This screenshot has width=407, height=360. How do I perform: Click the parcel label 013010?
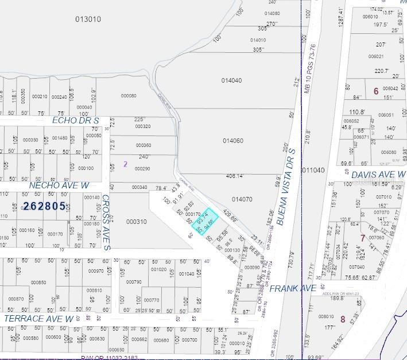coord(88,19)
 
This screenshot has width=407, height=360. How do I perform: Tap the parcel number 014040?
coord(231,80)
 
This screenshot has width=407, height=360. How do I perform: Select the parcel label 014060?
coord(232,140)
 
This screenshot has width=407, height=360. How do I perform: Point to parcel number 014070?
coord(242,199)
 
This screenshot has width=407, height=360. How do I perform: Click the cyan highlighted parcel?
coord(205,222)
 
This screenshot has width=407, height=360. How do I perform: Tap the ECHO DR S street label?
coord(76,120)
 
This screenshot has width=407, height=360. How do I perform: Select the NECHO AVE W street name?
coord(60,185)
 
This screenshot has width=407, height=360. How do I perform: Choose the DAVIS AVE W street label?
coord(378,174)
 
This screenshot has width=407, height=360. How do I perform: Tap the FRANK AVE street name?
coord(293,288)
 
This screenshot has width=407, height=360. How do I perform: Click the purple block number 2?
coord(125,164)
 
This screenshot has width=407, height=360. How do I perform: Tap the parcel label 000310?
coord(137,221)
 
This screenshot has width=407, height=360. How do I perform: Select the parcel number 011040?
coord(312,170)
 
